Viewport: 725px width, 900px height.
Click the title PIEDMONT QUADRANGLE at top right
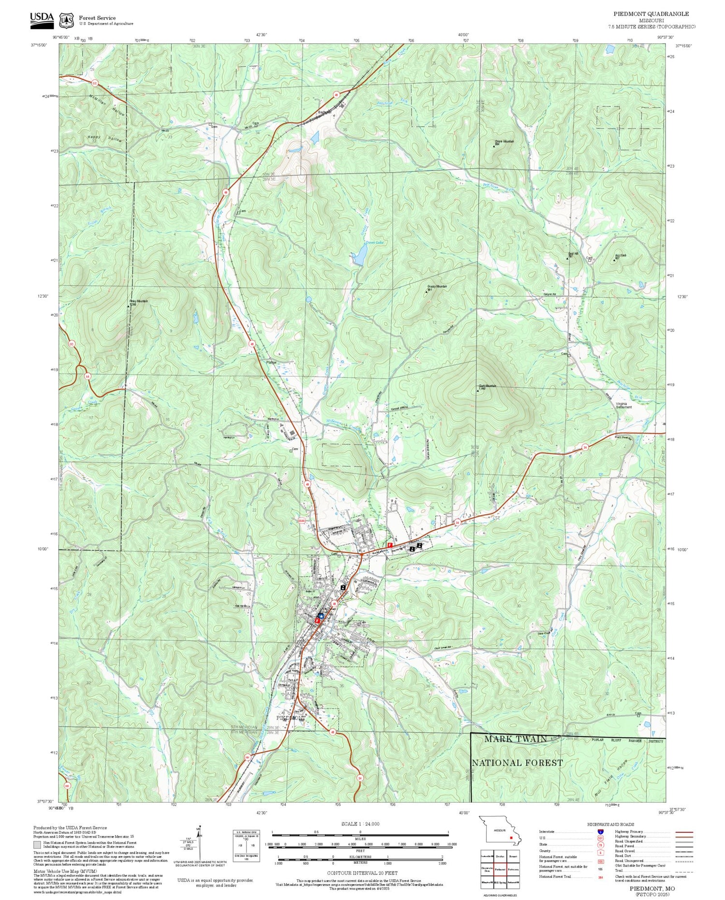[651, 14]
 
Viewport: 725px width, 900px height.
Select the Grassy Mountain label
[437, 287]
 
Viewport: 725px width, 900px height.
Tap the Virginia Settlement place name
[623, 405]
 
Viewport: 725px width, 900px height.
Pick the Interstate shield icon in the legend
[600, 831]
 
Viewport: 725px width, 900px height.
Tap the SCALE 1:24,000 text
[360, 824]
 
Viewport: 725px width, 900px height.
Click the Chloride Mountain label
[504, 142]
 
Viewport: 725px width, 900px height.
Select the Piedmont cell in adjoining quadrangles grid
[500, 869]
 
